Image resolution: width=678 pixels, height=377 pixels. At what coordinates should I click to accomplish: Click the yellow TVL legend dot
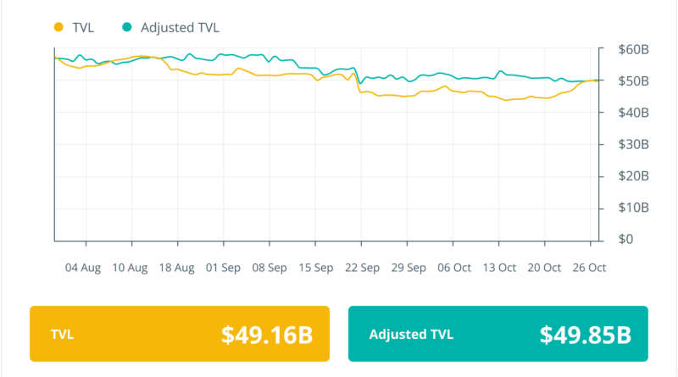point(58,27)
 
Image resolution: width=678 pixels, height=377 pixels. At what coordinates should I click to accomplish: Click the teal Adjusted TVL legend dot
point(126,27)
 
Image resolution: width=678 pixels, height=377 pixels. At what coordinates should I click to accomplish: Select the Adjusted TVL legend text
point(180,27)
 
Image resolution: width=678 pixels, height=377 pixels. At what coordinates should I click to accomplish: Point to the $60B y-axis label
point(632,49)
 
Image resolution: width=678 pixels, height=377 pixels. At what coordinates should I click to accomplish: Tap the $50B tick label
point(632,81)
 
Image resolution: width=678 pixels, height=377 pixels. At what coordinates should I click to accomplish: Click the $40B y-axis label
point(632,113)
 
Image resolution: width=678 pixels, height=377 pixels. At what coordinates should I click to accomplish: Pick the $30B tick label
point(632,144)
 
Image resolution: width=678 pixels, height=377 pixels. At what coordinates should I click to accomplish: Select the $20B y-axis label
point(632,176)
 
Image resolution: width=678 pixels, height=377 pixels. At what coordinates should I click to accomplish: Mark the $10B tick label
point(632,208)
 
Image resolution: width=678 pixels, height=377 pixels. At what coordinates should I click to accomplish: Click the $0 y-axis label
point(625,240)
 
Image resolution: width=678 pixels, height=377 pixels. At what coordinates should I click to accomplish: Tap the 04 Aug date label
point(83,268)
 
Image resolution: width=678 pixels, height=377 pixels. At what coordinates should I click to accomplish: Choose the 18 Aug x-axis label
point(176,268)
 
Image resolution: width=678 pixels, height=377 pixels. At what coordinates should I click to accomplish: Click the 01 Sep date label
point(223,268)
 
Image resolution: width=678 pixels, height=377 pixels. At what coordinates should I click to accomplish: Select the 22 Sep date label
point(362,268)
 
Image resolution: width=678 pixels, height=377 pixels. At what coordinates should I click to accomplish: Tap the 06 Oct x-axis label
point(453,268)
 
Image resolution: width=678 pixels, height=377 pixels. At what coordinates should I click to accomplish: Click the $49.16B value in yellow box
point(267,335)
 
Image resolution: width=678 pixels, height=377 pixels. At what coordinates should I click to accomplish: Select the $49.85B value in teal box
point(586,335)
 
